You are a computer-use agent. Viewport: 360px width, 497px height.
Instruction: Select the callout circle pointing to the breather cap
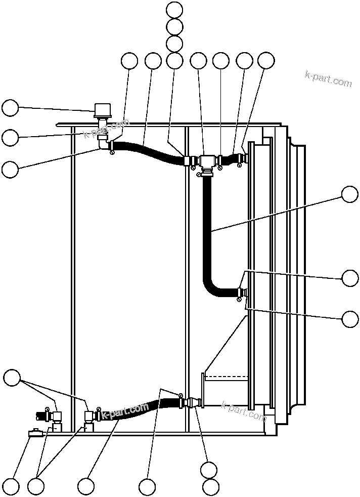(10, 108)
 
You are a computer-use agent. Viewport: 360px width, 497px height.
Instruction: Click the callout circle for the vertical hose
(350, 194)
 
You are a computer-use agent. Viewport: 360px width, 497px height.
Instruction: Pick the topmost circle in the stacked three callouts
(174, 10)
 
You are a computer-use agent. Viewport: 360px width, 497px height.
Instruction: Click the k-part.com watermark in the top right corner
(328, 79)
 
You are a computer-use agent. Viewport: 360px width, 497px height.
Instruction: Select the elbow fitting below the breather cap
(105, 144)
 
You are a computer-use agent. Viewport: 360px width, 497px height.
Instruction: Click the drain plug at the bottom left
(36, 433)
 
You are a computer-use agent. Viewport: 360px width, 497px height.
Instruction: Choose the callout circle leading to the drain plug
(10, 487)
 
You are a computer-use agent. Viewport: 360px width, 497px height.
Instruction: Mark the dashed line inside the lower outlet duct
(227, 376)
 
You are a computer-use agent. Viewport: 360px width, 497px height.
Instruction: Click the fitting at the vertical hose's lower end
(242, 292)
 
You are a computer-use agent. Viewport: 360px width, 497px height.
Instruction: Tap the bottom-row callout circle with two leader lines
(35, 487)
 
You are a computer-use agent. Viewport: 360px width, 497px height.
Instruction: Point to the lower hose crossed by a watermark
(137, 410)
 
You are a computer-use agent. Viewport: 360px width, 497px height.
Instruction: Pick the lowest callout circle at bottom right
(211, 487)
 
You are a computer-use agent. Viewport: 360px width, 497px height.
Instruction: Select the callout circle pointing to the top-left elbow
(10, 169)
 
